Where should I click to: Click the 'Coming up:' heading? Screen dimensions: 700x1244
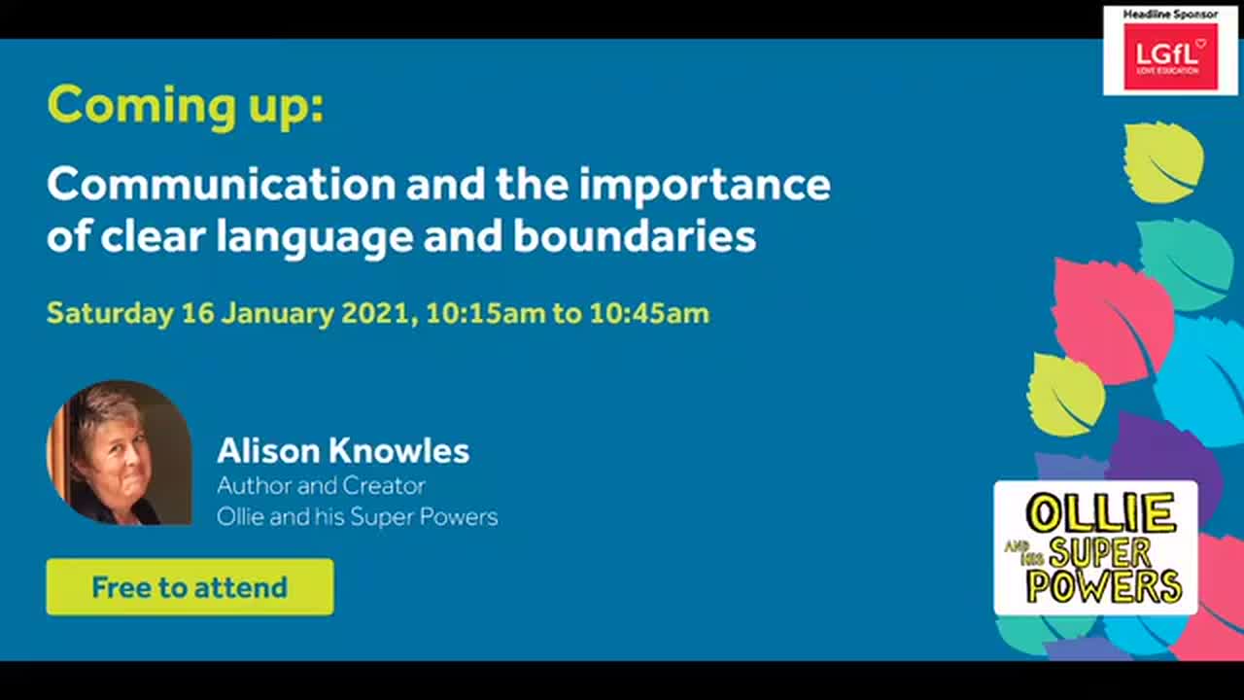[x=185, y=105]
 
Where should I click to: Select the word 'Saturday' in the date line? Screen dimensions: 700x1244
[x=109, y=313]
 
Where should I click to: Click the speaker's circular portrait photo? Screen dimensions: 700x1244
[x=119, y=453]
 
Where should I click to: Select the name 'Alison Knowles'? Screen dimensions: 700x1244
[x=343, y=450]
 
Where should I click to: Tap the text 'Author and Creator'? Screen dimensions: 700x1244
[x=321, y=485]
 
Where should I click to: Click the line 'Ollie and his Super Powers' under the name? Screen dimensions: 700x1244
[x=357, y=516]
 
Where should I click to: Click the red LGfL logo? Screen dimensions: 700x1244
[x=1170, y=56]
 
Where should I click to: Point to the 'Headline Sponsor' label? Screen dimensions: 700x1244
[x=1170, y=15]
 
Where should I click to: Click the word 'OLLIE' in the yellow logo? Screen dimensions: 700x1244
[x=1100, y=513]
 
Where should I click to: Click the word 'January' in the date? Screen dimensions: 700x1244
[x=280, y=313]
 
